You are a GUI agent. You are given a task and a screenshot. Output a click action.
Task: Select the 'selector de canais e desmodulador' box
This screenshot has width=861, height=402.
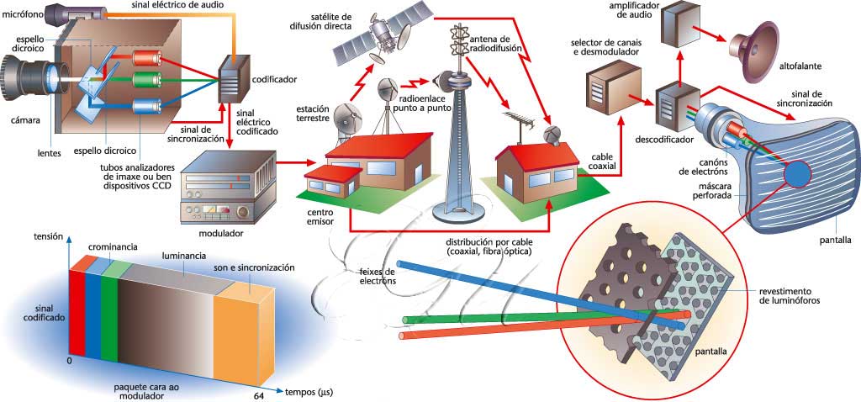613,88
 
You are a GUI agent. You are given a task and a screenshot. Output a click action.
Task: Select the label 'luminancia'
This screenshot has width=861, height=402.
184,253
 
